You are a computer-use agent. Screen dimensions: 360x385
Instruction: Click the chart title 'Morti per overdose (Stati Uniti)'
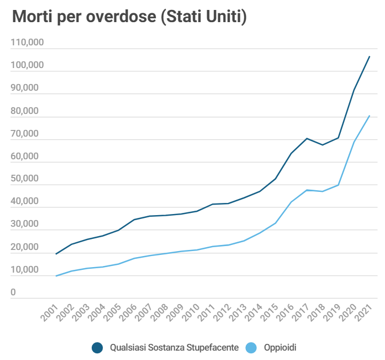click(x=129, y=17)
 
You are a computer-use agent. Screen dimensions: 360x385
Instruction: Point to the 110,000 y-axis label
click(x=27, y=43)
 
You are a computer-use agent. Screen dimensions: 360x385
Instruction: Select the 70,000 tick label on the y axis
click(x=25, y=133)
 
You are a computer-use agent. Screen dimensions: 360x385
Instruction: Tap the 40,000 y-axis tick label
click(x=25, y=202)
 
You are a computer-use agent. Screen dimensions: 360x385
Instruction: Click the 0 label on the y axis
click(x=12, y=293)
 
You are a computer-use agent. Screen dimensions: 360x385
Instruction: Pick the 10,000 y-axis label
click(x=25, y=270)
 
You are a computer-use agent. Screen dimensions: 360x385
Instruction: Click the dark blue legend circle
click(x=98, y=347)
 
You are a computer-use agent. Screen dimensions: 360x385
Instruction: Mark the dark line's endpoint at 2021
click(x=370, y=56)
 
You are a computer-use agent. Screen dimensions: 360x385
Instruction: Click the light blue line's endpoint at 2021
click(x=370, y=116)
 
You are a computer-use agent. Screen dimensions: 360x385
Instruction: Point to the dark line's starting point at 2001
click(x=56, y=254)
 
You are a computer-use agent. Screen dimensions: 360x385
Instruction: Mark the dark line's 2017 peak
click(x=307, y=138)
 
